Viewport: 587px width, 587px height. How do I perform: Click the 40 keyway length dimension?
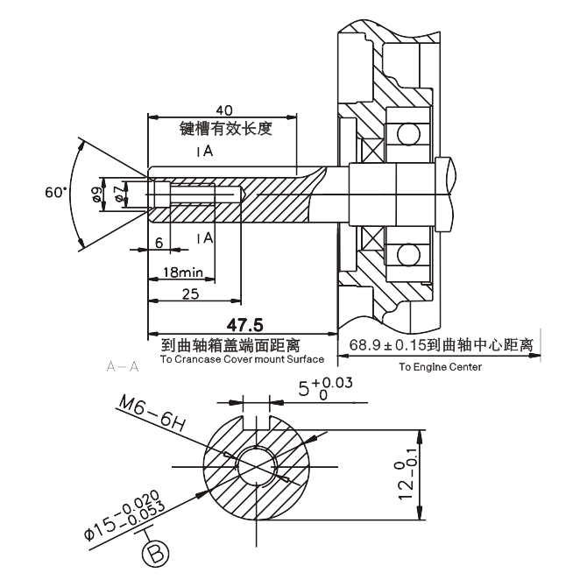[224, 110]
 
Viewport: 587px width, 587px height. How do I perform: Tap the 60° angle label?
[56, 193]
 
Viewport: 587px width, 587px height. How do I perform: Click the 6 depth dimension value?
[159, 243]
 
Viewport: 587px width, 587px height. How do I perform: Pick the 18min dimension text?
[183, 272]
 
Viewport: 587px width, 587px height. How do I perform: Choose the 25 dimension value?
[190, 294]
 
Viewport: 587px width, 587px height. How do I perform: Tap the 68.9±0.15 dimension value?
[387, 345]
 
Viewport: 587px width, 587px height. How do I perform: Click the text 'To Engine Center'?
[440, 367]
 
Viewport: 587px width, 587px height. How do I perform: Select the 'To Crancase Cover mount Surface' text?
[242, 359]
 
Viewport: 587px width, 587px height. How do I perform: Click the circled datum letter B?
[155, 554]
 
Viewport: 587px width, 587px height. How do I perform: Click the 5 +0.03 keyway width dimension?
[325, 389]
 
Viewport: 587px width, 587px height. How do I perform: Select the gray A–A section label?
[123, 366]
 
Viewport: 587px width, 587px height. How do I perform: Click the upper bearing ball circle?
[408, 134]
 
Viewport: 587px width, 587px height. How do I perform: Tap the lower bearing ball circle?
[408, 255]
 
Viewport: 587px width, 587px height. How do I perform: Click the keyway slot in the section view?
[257, 422]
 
